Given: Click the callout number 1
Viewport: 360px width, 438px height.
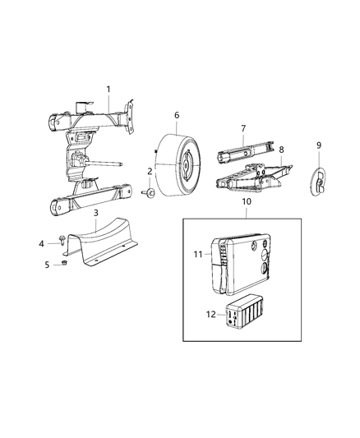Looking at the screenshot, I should pos(107,89).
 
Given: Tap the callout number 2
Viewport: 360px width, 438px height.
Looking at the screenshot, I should pos(150,171).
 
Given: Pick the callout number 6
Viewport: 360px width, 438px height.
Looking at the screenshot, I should pos(176,116).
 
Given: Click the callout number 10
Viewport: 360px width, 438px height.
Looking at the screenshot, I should pos(246,201).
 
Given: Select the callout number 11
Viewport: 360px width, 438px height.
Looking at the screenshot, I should pos(196,255).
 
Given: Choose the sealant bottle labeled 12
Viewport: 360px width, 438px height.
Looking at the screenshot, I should pos(244,316).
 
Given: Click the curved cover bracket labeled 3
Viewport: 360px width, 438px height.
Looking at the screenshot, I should pos(107,239).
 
